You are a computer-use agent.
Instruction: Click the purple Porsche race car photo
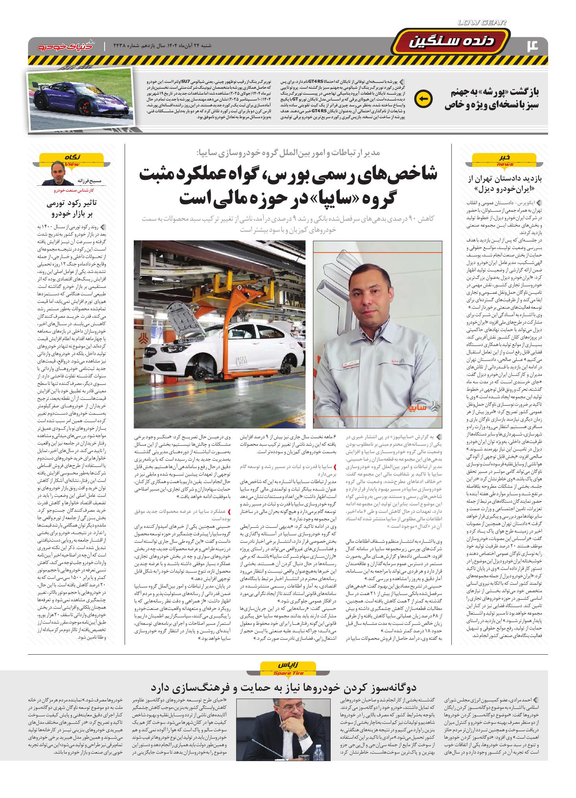tap(80, 101)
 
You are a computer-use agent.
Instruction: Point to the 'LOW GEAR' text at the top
tap(482, 23)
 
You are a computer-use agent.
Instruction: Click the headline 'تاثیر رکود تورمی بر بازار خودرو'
tap(73, 208)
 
